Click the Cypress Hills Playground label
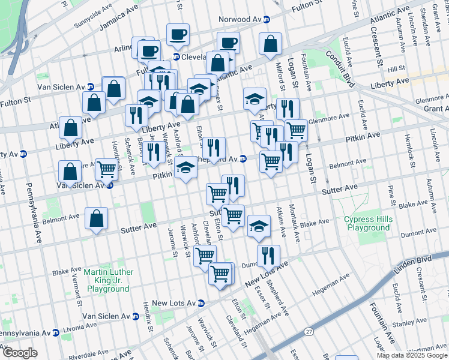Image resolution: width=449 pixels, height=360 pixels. click(368, 223)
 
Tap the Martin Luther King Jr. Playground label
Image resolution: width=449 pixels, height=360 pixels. click(108, 280)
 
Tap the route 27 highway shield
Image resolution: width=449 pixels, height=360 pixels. click(309, 331)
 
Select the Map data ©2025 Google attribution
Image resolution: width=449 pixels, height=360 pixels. click(412, 355)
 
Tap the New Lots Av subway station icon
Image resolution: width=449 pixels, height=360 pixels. click(202, 303)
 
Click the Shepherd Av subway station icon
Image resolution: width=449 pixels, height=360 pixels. click(243, 159)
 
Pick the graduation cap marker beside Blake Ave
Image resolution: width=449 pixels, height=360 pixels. click(259, 226)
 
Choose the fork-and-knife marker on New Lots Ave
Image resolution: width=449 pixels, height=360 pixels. click(268, 255)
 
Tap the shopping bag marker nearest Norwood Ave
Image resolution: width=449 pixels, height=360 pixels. click(271, 43)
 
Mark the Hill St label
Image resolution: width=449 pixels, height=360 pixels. click(397, 69)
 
